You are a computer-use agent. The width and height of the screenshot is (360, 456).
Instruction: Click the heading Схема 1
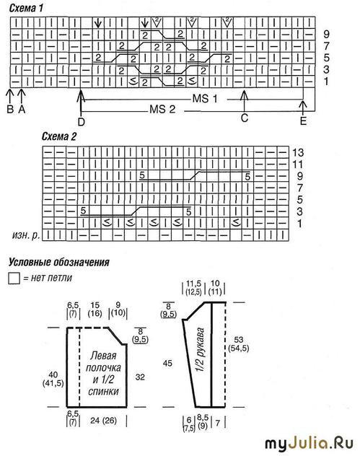[x=26, y=8]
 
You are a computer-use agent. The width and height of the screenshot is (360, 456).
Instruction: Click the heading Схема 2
[x=59, y=136]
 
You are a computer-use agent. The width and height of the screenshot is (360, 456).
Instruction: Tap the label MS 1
[x=205, y=99]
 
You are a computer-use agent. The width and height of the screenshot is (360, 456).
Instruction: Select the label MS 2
[x=162, y=110]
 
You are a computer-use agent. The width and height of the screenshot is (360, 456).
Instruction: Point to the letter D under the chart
[x=81, y=122]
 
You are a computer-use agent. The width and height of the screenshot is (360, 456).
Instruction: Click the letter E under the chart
[x=303, y=121]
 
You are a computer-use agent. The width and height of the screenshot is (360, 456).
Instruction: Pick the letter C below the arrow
[x=245, y=118]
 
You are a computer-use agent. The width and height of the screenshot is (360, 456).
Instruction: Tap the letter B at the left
[x=10, y=109]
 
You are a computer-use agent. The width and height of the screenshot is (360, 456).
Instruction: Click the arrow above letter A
[x=22, y=96]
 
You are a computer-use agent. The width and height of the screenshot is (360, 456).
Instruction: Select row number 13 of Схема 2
[x=298, y=152]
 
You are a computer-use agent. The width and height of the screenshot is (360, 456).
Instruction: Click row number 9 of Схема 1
[x=327, y=35]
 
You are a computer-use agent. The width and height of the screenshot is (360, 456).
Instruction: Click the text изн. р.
[x=26, y=235]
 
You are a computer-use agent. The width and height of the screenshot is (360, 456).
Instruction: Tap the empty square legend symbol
[x=14, y=278]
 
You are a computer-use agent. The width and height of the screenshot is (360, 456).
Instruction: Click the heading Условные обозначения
[x=59, y=263]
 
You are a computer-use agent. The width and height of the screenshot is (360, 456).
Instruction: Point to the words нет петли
[x=51, y=278]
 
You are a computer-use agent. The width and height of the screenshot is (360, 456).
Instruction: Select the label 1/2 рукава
[x=200, y=350]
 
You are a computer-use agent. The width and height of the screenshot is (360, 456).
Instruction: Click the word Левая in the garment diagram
[x=103, y=356]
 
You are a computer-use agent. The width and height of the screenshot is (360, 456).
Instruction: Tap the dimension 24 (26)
[x=103, y=421]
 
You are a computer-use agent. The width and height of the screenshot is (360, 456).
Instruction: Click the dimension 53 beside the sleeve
[x=239, y=339]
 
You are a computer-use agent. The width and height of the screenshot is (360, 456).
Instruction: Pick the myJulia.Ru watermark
[x=309, y=444]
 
